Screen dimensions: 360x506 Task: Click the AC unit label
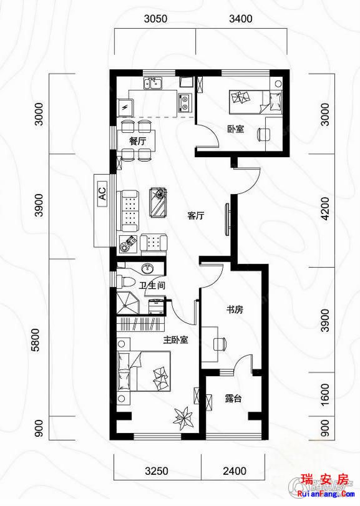click(102, 193)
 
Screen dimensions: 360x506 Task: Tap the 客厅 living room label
click(196, 215)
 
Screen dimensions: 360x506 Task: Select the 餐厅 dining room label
click(137, 142)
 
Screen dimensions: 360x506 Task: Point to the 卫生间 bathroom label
click(152, 286)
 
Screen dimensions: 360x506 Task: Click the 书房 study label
click(235, 310)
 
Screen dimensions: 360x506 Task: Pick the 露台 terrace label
click(233, 399)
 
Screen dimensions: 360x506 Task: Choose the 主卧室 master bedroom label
click(175, 339)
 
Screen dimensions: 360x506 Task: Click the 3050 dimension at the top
click(156, 19)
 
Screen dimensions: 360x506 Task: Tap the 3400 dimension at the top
click(241, 19)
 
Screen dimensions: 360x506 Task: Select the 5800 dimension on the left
click(39, 340)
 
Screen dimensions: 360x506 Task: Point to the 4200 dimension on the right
click(326, 208)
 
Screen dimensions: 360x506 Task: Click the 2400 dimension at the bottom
click(235, 471)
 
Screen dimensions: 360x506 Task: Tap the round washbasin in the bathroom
click(148, 268)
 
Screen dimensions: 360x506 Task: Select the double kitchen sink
click(153, 83)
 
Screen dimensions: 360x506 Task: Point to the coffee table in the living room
click(158, 202)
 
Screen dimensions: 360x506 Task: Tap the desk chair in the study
click(220, 344)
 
